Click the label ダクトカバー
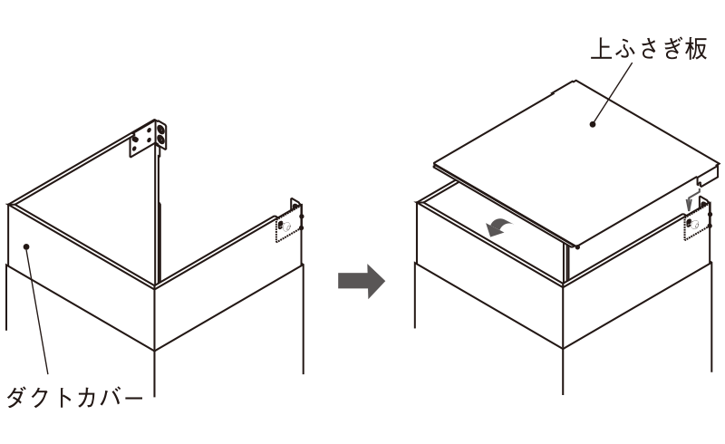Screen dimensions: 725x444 [x=74, y=397]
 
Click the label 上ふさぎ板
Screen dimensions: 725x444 [x=649, y=49]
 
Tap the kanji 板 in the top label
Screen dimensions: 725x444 [x=696, y=49]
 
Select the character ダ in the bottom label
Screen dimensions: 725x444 [x=17, y=397]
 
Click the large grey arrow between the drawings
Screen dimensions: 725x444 [x=361, y=281]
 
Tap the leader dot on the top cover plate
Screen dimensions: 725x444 [x=593, y=124]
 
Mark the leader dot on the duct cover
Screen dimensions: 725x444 [x=26, y=246]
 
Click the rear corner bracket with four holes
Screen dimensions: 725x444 [x=148, y=138]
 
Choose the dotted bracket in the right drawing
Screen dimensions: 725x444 [x=697, y=223]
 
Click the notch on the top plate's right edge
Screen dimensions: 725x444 [x=701, y=182]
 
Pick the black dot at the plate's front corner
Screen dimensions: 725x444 [x=578, y=247]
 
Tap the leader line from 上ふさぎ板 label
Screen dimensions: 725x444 [x=613, y=93]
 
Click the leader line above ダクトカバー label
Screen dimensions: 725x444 [x=37, y=310]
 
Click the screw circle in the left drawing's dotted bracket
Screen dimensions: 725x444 [x=286, y=227]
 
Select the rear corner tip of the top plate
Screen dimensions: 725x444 [x=574, y=81]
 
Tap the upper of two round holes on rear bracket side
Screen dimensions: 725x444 [x=161, y=128]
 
